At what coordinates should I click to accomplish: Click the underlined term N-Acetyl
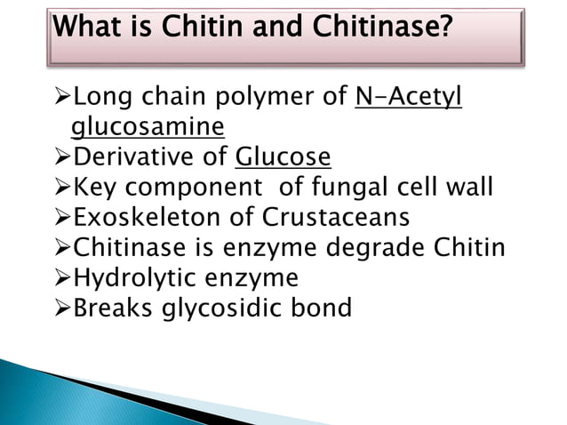click(x=408, y=98)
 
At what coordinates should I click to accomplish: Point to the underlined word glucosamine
click(x=148, y=128)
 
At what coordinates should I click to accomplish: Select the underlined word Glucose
click(x=283, y=158)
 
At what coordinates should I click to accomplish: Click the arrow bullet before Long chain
click(x=61, y=99)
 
